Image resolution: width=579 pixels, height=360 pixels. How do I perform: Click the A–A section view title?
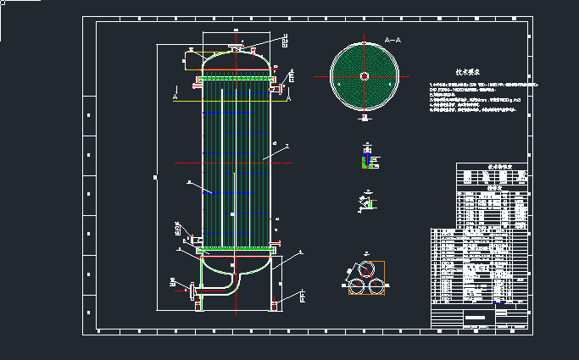tap(392, 40)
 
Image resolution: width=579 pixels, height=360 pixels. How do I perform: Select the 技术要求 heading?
tap(468, 74)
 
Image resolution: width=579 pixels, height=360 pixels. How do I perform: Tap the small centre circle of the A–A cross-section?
tap(364, 76)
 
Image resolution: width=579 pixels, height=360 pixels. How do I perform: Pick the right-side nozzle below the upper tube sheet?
tap(278, 87)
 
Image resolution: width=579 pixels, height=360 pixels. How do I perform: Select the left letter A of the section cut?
tap(174, 97)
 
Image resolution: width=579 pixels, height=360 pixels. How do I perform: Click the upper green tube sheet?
tap(236, 80)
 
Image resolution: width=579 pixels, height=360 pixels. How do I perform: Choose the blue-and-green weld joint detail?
tap(367, 162)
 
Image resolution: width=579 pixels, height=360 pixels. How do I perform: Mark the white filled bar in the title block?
tap(478, 317)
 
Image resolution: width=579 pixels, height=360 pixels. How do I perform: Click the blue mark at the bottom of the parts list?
tap(498, 302)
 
